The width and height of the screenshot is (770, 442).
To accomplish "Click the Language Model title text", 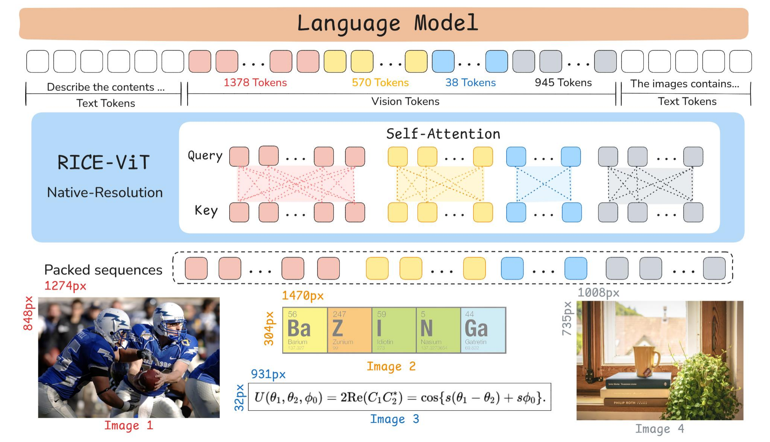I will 387,23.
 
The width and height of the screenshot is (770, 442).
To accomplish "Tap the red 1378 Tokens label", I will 255,83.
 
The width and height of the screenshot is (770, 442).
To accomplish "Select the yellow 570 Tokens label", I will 380,83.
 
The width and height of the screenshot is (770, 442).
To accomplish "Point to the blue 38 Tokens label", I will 470,83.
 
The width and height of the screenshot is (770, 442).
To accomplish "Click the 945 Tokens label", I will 563,83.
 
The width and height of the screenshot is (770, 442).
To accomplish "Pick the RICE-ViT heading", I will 104,163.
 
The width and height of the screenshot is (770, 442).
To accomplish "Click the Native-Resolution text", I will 105,192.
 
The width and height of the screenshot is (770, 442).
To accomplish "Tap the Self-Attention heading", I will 443,134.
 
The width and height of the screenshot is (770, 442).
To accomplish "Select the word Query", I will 205,156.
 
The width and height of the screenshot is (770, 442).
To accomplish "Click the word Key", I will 206,210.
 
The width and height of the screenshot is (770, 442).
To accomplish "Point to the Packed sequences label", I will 103,270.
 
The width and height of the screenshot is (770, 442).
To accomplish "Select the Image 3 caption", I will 395,419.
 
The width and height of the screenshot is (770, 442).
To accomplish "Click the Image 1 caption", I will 129,425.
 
